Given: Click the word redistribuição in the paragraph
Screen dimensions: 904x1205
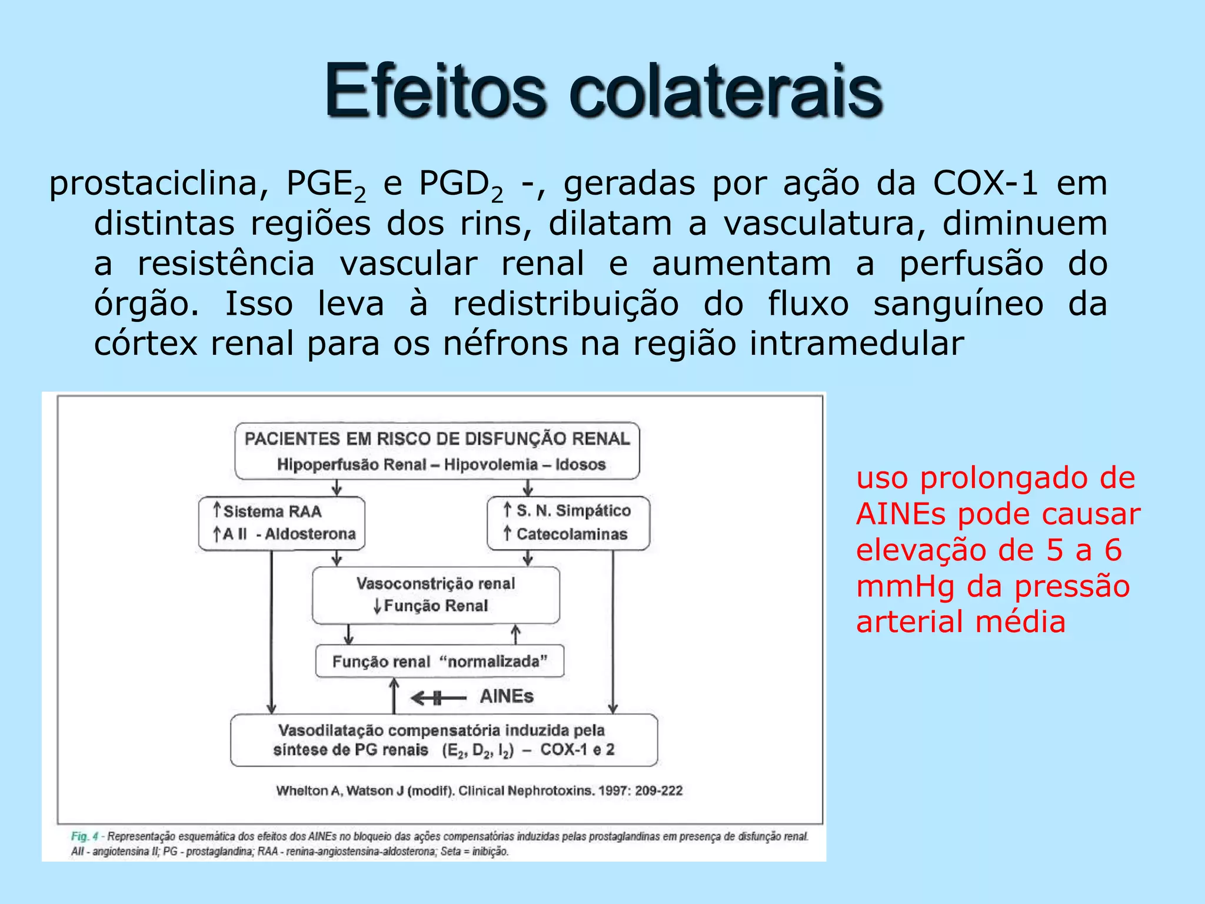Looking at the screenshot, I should pyautogui.click(x=565, y=304).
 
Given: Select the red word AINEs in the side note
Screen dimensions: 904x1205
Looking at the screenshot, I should pyautogui.click(x=903, y=514).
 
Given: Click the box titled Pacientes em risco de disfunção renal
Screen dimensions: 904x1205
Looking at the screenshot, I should pyautogui.click(x=437, y=451).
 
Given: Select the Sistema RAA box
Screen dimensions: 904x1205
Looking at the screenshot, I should pyautogui.click(x=281, y=523).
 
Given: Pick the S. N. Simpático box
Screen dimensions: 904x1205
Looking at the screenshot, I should pyautogui.click(x=568, y=523).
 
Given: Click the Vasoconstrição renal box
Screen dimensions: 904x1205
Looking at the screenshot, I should pyautogui.click(x=435, y=594).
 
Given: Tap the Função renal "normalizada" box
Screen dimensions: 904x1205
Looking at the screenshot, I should pyautogui.click(x=440, y=662).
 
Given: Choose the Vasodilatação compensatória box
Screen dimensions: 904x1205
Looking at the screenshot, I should pyautogui.click(x=444, y=740).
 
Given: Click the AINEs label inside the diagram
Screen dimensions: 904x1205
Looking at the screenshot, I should pyautogui.click(x=507, y=697).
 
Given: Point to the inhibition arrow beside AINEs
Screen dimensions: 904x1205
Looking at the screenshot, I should pyautogui.click(x=438, y=699).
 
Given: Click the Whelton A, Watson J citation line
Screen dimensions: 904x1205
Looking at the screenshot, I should pyautogui.click(x=479, y=790).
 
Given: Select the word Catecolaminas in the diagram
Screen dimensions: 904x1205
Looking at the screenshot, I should pyautogui.click(x=572, y=534).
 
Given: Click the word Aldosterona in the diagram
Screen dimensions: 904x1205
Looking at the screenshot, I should pyautogui.click(x=310, y=534).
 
